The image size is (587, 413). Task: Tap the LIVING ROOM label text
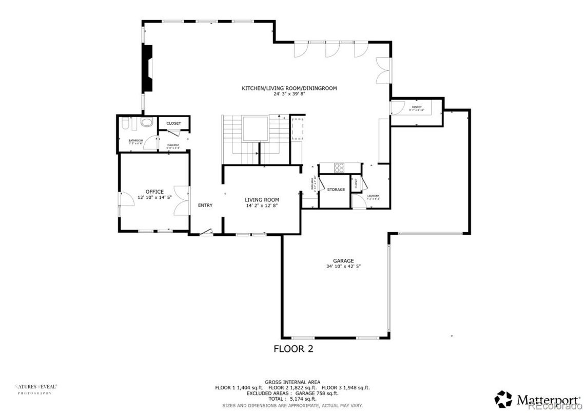tap(261, 200)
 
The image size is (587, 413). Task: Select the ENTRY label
tap(205, 205)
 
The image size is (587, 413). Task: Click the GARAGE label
tap(343, 261)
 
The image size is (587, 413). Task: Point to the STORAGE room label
tap(336, 190)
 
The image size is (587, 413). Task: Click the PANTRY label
tap(416, 107)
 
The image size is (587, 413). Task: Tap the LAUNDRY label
tap(373, 196)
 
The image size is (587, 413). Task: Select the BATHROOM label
tap(135, 140)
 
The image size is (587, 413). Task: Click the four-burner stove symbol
tap(340, 168)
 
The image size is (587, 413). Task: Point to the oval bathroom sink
tap(147, 123)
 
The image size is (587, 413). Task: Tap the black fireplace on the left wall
tap(147, 68)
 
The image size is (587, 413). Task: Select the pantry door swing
tap(396, 108)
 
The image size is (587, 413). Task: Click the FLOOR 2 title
tap(293, 349)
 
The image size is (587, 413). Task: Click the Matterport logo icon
tap(503, 399)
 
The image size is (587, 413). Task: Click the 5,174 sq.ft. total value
tap(303, 399)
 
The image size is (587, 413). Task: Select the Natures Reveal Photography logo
tap(35, 388)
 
